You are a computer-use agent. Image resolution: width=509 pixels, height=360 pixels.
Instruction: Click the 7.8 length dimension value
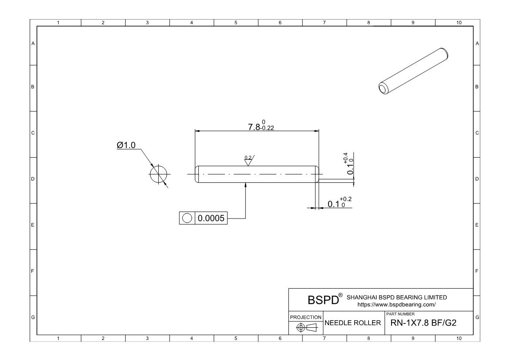tap(254, 127)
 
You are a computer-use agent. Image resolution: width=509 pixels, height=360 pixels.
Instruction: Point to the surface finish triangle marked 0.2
tap(248, 161)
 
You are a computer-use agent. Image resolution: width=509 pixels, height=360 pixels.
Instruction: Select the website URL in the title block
tap(396, 305)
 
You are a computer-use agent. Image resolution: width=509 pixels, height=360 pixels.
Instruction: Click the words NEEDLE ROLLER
tap(353, 323)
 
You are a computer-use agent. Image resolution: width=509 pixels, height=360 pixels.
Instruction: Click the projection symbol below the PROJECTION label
tap(306, 327)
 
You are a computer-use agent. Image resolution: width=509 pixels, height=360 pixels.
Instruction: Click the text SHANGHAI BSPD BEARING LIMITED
tap(396, 297)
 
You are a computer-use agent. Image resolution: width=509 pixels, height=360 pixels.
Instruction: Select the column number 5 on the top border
tap(236, 22)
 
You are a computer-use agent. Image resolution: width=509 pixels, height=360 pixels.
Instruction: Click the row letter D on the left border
tap(33, 179)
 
